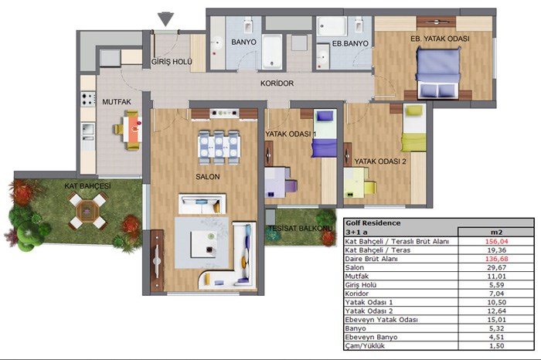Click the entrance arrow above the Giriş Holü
(x=165, y=19)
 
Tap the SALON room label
(x=208, y=177)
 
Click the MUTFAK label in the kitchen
(x=117, y=102)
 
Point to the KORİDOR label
(x=277, y=83)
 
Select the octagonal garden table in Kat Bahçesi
(x=87, y=210)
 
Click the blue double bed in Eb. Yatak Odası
(x=438, y=73)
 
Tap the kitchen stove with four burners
(x=88, y=99)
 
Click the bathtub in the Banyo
(x=272, y=52)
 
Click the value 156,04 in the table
(x=496, y=241)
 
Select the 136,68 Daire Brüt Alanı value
(x=496, y=259)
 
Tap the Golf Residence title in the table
(x=373, y=223)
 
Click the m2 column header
(x=496, y=232)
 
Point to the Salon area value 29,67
(x=496, y=267)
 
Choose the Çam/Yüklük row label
(x=365, y=346)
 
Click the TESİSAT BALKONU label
(x=300, y=228)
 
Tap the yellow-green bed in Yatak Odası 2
(x=413, y=128)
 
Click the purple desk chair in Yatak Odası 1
(x=291, y=186)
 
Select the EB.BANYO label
(x=350, y=44)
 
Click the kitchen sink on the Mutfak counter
(x=88, y=129)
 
